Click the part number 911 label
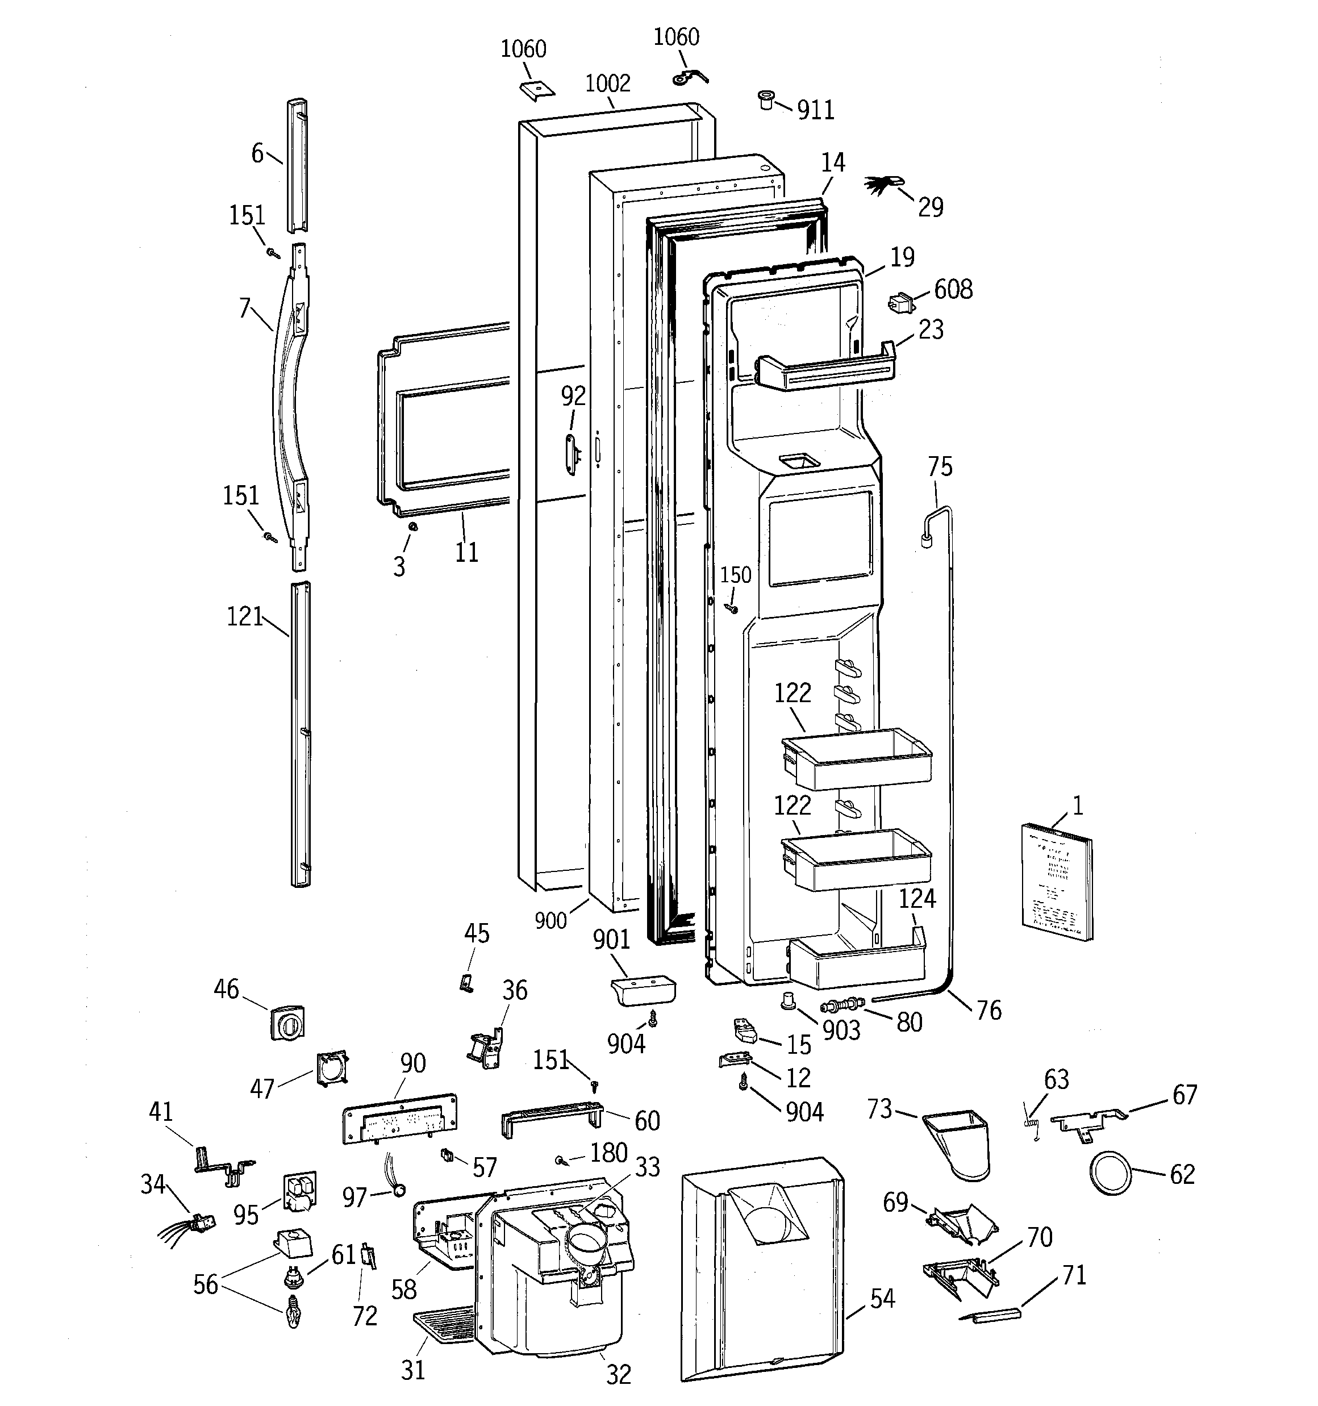[x=816, y=110]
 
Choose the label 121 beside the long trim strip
[x=245, y=617]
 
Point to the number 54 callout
[x=882, y=1299]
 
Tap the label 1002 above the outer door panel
[x=608, y=84]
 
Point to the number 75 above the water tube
[x=940, y=467]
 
